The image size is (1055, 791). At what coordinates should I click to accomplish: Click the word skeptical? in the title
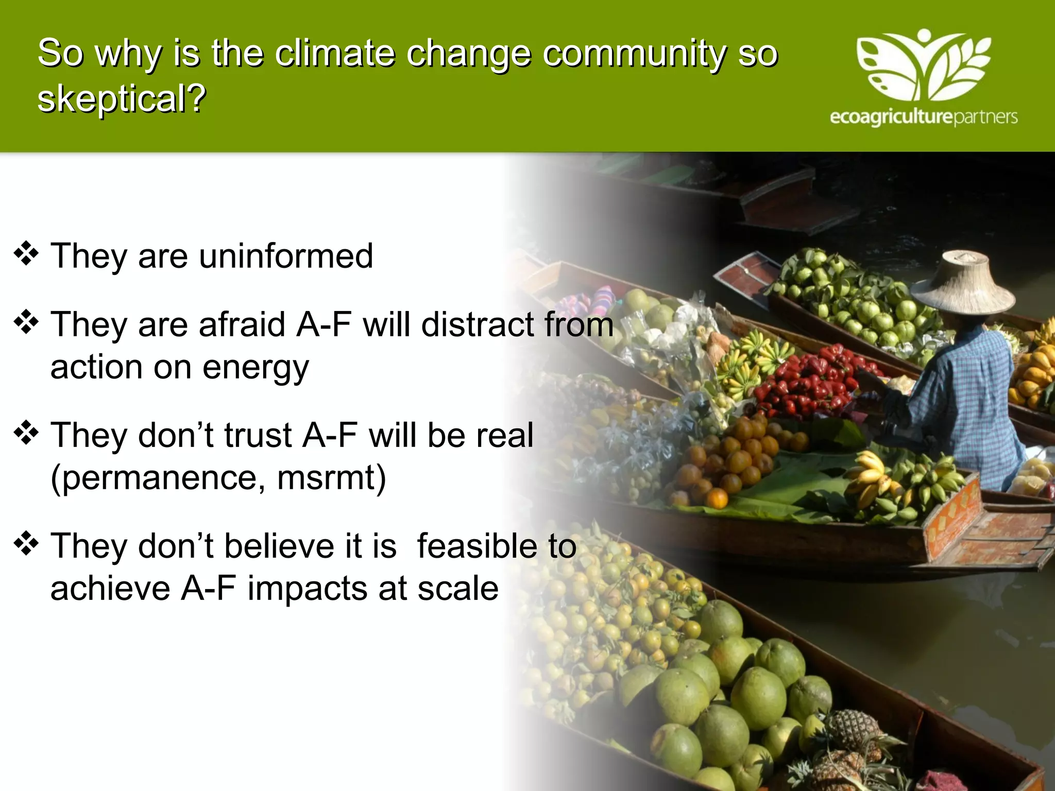tap(122, 99)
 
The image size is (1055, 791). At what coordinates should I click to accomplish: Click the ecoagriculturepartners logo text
tap(923, 117)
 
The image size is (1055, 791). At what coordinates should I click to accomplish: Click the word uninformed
tap(286, 256)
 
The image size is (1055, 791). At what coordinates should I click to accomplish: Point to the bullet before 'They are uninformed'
tap(26, 254)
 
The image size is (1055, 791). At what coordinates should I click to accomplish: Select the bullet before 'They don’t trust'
tap(26, 433)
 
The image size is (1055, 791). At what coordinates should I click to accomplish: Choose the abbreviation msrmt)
tap(331, 478)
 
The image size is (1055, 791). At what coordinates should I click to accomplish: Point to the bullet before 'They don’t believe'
tap(26, 544)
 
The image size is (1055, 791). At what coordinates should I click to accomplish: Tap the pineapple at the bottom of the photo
tap(850, 742)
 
